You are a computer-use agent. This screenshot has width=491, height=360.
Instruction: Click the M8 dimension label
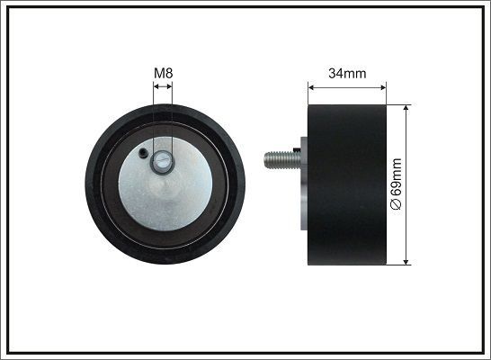click(163, 72)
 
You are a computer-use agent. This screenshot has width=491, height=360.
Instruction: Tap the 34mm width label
click(348, 73)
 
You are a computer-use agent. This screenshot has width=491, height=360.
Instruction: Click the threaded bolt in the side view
click(281, 161)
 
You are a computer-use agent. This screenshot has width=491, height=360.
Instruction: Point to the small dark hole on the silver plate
click(144, 154)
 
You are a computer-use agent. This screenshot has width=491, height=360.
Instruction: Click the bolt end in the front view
click(163, 162)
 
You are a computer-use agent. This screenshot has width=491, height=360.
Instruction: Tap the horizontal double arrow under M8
click(163, 87)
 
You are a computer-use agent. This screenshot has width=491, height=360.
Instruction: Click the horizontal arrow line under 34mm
click(348, 88)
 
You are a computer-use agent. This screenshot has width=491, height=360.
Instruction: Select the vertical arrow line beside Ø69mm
click(406, 184)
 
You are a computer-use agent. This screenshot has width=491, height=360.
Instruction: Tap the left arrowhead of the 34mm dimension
click(312, 88)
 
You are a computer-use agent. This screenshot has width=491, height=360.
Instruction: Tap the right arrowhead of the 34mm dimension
click(384, 88)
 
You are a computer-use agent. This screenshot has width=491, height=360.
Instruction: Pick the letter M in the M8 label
click(159, 72)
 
